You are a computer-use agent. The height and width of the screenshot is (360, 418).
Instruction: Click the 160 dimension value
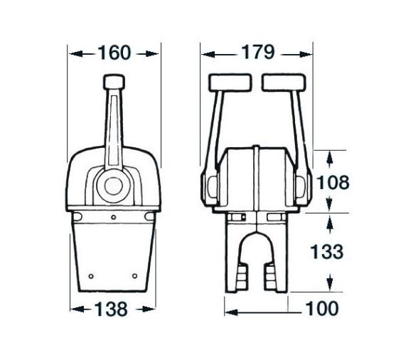[114, 53]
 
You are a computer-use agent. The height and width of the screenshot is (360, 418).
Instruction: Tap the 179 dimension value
[258, 52]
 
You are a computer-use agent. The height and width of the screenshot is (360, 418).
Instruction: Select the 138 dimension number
[111, 309]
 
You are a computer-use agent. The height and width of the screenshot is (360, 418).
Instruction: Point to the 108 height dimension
[333, 182]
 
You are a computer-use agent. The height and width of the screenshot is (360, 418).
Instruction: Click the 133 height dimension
[327, 252]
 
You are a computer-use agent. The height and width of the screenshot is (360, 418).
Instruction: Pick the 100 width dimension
[322, 308]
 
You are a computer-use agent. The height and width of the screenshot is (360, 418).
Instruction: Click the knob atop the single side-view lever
[114, 82]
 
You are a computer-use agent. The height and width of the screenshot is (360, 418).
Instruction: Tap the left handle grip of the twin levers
[230, 83]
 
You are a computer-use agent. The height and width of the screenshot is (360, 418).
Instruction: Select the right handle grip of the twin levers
[284, 83]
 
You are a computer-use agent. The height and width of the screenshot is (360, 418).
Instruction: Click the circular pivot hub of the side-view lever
[113, 186]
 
